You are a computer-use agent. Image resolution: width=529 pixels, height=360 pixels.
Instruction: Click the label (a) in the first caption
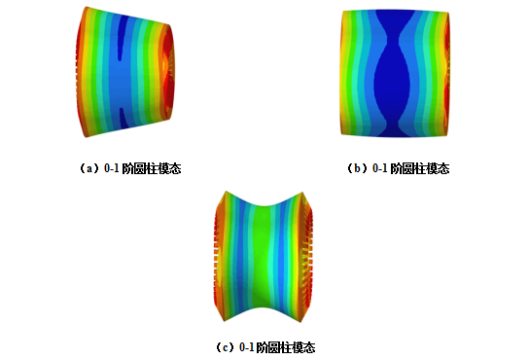(x=89, y=168)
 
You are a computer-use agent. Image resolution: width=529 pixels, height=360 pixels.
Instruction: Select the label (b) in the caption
(x=358, y=168)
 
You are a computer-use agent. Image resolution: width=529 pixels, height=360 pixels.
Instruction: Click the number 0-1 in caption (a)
(x=111, y=168)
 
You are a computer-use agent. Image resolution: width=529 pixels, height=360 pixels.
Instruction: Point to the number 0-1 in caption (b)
(x=379, y=168)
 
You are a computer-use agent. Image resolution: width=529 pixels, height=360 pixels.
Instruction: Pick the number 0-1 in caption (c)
(x=246, y=347)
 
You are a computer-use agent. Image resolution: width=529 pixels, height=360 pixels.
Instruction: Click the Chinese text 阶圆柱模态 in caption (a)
(x=151, y=168)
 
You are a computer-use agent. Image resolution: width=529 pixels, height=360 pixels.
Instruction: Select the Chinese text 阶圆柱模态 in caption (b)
(x=420, y=168)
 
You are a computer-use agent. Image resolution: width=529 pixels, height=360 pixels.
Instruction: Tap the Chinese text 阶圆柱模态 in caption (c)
(x=286, y=347)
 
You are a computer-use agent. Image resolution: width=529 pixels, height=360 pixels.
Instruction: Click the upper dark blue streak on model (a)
(x=122, y=37)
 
